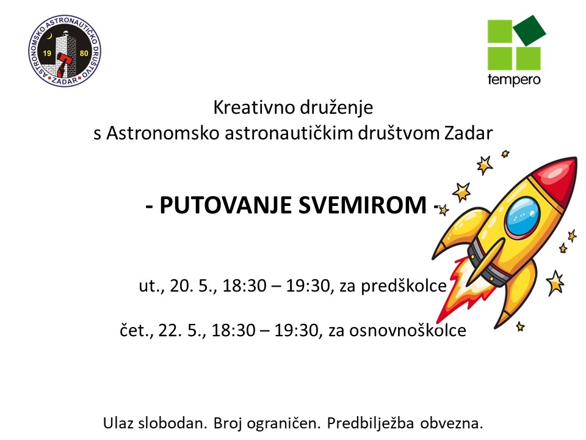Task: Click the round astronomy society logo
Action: pyautogui.click(x=65, y=51)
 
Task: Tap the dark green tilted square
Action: pyautogui.click(x=529, y=31)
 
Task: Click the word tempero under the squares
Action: pyautogui.click(x=514, y=80)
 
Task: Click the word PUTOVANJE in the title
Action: pyautogui.click(x=225, y=205)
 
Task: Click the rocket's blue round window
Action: pyautogui.click(x=523, y=216)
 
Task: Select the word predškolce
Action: pyautogui.click(x=403, y=286)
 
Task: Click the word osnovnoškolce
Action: pyautogui.click(x=408, y=331)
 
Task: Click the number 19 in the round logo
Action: pyautogui.click(x=47, y=53)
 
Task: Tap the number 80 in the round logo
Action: pyautogui.click(x=84, y=53)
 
